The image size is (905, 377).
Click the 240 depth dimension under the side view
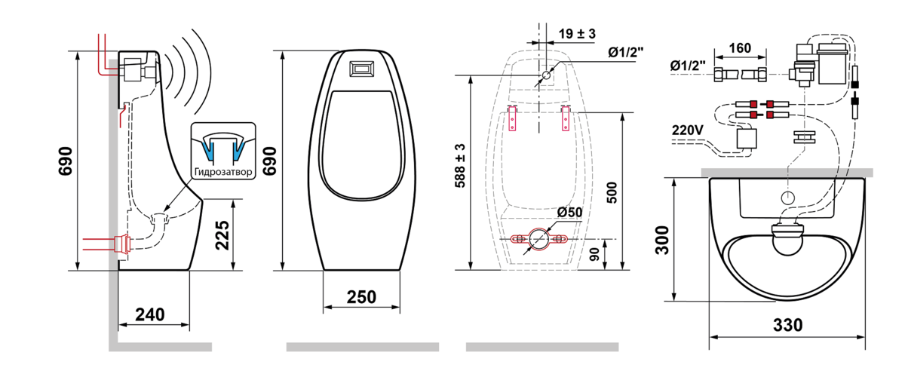coord(150,314)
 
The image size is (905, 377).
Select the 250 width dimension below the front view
coord(361,297)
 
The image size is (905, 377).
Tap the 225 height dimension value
coord(222,235)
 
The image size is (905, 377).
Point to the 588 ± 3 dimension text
coord(460,166)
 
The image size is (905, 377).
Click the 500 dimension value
coord(612,193)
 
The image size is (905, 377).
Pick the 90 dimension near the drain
coord(595,254)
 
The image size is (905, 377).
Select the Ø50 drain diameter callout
coord(569,212)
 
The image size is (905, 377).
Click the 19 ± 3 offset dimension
coord(577,33)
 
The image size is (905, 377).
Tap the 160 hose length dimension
coord(740,48)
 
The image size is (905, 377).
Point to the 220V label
coord(688,130)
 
